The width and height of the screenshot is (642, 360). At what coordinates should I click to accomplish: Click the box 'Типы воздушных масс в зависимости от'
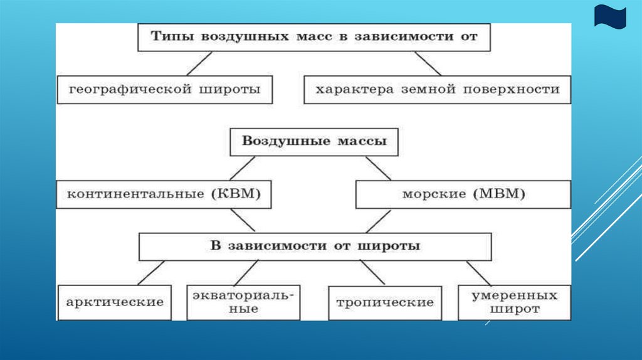[313, 37]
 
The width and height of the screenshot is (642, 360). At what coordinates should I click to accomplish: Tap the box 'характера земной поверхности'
[437, 90]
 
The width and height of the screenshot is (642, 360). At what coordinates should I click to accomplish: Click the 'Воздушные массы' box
[315, 142]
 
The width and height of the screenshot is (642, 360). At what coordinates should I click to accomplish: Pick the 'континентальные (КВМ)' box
[164, 194]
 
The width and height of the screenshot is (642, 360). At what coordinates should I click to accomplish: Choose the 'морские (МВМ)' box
[463, 194]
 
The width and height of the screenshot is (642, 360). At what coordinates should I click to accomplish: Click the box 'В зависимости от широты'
[315, 246]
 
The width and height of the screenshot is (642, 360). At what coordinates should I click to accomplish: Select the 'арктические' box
[114, 302]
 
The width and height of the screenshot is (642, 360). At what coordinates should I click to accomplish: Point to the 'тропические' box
[384, 302]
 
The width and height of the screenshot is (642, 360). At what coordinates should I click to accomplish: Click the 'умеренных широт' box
[514, 302]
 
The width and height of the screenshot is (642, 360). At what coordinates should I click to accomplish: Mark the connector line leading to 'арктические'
[150, 273]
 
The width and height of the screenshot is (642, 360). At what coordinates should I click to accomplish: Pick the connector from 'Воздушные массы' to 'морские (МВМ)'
[378, 168]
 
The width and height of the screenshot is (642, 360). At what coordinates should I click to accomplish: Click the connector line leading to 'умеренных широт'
[478, 273]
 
